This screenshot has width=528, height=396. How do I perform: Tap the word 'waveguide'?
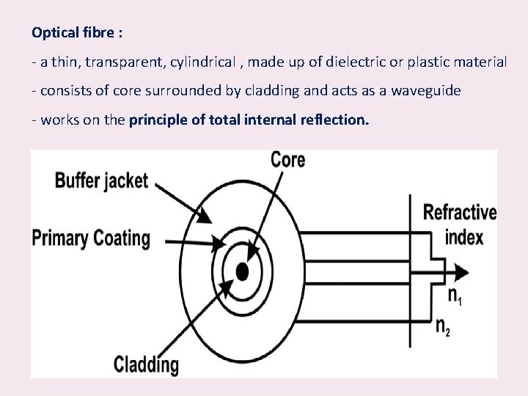click(426, 91)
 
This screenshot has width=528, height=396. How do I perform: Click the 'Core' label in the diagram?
click(287, 159)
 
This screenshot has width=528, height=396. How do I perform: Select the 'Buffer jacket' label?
click(101, 181)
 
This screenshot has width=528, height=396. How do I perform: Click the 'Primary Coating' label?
click(91, 238)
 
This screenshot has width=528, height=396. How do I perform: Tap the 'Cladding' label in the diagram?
click(146, 364)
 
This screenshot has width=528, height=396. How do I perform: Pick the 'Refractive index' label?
click(461, 224)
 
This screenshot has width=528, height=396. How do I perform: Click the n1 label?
click(455, 295)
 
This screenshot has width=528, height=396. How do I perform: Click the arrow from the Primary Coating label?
click(194, 241)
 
